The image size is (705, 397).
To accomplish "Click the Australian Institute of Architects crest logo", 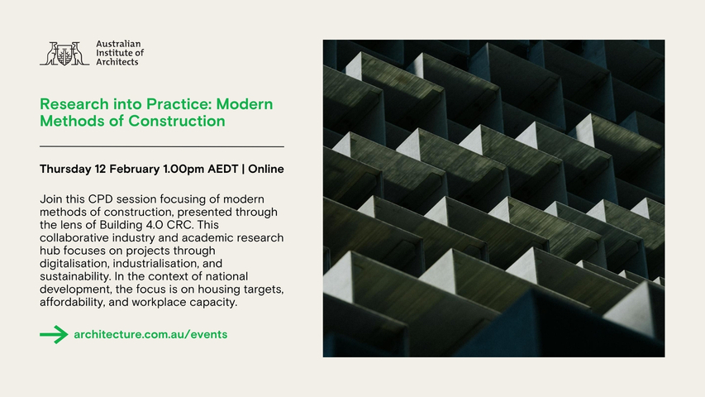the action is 64,54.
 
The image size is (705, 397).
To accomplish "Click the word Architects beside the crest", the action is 117,62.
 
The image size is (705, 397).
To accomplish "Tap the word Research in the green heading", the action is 74,104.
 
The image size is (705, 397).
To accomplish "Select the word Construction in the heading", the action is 177,121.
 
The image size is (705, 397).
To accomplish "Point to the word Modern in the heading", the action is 244,104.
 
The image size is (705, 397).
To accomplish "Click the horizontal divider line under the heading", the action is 162,146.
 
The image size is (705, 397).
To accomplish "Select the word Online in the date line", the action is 266,169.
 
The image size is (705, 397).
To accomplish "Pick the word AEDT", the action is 222,169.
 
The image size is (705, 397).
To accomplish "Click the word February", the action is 135,170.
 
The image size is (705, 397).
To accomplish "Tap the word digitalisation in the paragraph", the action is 74,263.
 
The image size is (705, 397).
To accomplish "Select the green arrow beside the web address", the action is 54,334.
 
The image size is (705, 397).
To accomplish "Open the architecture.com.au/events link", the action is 150,334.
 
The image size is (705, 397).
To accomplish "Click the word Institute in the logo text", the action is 114,53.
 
